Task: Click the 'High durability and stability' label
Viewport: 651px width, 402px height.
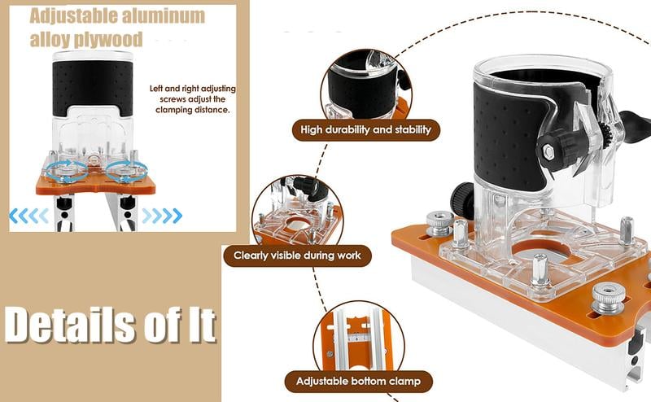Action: point(365,129)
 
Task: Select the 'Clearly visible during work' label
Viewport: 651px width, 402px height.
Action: point(297,256)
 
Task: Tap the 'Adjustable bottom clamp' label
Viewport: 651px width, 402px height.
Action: point(358,381)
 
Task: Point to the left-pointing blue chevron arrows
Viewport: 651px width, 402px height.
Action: point(29,216)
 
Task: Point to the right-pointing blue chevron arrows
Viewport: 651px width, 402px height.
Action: point(162,216)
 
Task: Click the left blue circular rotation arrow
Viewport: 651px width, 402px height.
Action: point(67,168)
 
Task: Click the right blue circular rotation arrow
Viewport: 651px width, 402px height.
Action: point(127,168)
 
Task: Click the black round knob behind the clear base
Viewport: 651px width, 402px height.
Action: point(461,199)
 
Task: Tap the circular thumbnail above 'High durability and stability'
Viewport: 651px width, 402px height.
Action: point(366,85)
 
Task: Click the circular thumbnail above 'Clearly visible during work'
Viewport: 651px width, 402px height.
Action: point(297,212)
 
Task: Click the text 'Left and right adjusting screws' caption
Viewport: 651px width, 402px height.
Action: point(193,94)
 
